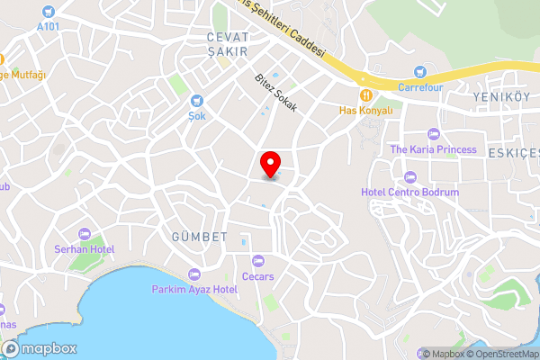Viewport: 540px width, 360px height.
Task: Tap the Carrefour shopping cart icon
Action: tap(419, 72)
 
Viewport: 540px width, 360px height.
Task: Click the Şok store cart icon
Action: tap(196, 101)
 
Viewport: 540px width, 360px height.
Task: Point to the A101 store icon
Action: tap(49, 12)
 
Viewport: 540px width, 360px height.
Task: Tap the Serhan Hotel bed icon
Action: tap(84, 232)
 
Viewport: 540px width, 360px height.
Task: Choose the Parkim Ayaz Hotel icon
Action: tap(193, 274)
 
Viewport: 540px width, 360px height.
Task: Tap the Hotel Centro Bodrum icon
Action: tap(410, 176)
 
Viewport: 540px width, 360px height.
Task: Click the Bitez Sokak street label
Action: tap(275, 92)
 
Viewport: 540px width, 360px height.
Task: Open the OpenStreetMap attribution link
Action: tap(502, 354)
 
